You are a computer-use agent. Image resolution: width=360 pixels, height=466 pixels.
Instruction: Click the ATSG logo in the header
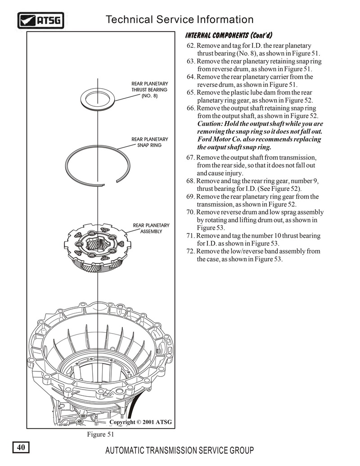(41, 20)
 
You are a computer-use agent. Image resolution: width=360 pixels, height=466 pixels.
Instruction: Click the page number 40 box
(20, 447)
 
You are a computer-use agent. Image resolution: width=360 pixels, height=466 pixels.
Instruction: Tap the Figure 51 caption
(101, 434)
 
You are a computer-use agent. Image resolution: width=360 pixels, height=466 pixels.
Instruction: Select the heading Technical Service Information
(179, 20)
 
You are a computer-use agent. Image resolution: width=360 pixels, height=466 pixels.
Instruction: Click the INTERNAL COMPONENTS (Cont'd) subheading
(229, 36)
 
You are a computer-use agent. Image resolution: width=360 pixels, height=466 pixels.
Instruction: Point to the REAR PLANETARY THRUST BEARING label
(149, 90)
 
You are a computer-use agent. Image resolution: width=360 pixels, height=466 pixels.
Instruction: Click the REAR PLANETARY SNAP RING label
(150, 142)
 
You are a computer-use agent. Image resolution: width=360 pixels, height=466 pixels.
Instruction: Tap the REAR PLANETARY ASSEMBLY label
(151, 228)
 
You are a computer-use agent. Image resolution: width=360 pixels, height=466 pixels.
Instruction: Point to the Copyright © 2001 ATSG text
(140, 422)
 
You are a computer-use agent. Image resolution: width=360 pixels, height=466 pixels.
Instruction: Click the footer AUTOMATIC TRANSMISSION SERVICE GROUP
(179, 451)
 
